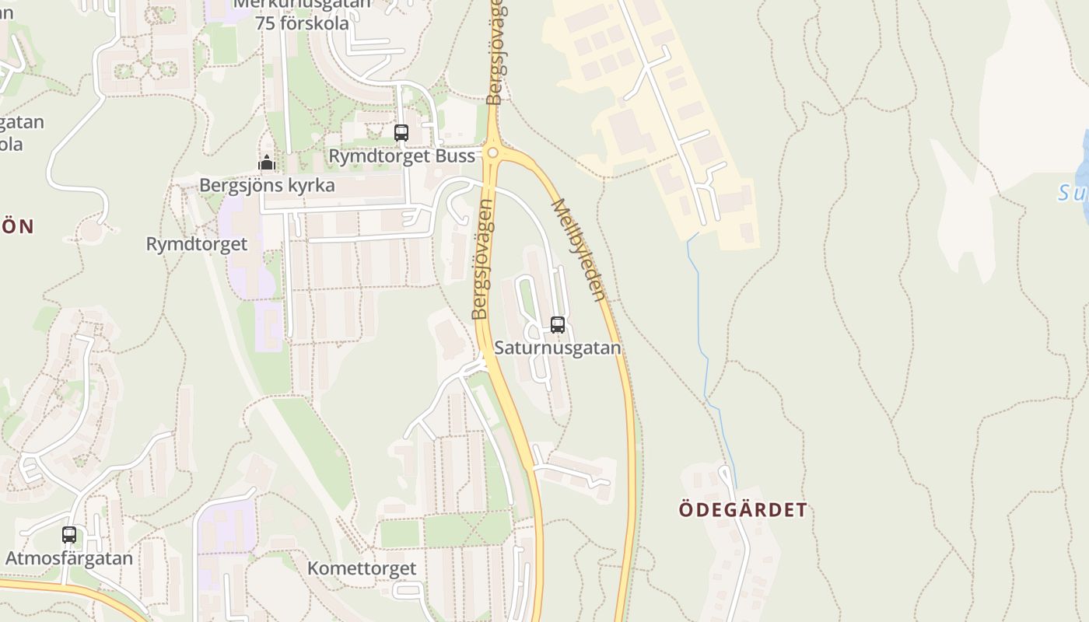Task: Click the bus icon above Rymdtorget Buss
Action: pos(401,133)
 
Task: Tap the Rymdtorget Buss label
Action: pos(401,156)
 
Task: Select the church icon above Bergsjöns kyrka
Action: pos(267,163)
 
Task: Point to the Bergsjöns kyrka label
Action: pos(267,186)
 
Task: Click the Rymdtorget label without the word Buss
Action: pos(197,244)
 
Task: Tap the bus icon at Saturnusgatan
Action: pos(558,325)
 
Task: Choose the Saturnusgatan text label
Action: pos(558,348)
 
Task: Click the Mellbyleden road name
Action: pos(579,250)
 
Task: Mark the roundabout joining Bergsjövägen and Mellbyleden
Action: pos(492,152)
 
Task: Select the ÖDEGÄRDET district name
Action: pos(743,510)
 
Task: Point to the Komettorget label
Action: pos(362,568)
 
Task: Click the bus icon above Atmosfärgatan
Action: pos(69,535)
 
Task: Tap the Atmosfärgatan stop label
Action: pos(69,558)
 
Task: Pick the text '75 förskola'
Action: pos(302,23)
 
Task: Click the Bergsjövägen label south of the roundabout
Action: pos(482,260)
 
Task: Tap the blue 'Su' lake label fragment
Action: pos(1073,192)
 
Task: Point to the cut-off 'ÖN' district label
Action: pos(17,226)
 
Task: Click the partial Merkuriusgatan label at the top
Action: pos(302,4)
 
